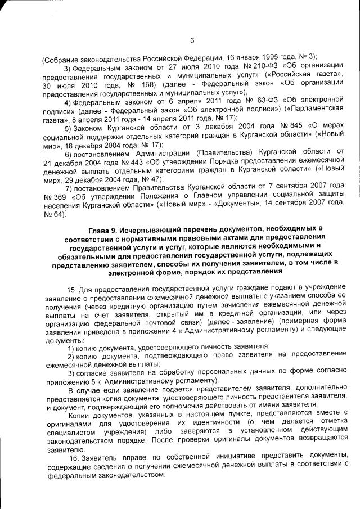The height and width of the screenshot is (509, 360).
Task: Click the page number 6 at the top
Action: point(192,40)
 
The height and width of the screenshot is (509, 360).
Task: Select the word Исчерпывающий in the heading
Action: point(156,228)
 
